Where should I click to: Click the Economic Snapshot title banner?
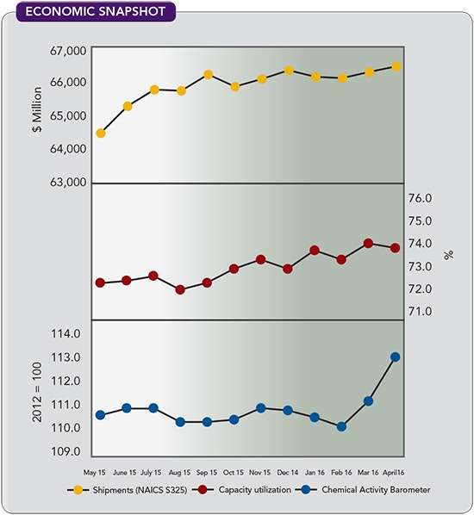point(89,12)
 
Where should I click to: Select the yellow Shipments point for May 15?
point(101,133)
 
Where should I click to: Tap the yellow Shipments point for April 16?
point(396,66)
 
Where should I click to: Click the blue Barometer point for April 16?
point(396,357)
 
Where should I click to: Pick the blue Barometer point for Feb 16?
point(341,426)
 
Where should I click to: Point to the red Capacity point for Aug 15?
point(180,289)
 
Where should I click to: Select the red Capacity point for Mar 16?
point(368,243)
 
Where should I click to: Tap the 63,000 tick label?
point(64,183)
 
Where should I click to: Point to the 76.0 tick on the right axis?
point(426,199)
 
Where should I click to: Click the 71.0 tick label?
point(426,311)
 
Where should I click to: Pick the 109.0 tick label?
point(66,452)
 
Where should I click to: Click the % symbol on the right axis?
point(447,255)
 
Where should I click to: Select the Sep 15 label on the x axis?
point(207,472)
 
